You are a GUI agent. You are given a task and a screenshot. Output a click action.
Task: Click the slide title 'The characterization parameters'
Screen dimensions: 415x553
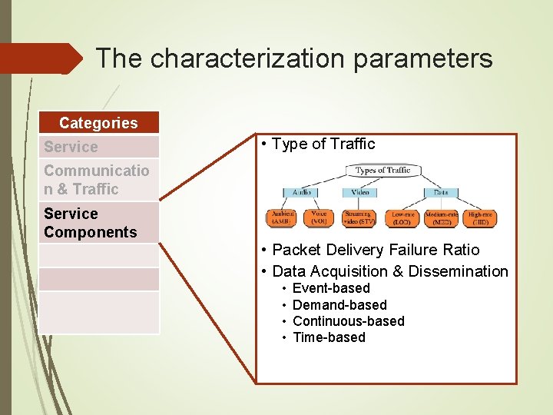(294, 58)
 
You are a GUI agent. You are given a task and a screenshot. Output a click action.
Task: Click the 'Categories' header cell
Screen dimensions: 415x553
(98, 123)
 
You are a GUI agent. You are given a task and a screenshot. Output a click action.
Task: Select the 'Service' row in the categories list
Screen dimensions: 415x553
(98, 147)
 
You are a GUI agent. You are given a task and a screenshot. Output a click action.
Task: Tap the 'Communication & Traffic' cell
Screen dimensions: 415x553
(98, 180)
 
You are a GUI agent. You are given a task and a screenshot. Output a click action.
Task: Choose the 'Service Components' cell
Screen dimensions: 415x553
(98, 223)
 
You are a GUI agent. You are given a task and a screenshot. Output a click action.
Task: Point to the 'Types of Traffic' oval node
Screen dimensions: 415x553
(382, 171)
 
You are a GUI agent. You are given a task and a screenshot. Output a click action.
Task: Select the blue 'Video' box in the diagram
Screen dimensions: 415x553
(360, 192)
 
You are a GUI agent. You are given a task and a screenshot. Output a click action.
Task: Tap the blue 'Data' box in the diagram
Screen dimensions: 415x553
(440, 192)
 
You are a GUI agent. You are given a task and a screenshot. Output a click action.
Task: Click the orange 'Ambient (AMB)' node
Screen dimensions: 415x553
(280, 217)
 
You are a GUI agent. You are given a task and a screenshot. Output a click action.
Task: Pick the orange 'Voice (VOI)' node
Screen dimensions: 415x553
(320, 217)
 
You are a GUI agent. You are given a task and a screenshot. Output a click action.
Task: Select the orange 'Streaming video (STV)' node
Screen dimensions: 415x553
(359, 217)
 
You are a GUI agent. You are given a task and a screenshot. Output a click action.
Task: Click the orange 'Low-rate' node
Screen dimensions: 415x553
(401, 217)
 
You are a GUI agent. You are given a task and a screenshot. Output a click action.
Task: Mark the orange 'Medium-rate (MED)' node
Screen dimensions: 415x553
(441, 217)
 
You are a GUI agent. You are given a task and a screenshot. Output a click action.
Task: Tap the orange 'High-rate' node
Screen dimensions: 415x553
(481, 217)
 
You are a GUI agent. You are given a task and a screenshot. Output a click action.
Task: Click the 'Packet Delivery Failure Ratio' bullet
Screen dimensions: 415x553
(376, 250)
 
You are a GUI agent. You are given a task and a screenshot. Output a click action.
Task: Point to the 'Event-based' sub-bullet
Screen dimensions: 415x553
(331, 288)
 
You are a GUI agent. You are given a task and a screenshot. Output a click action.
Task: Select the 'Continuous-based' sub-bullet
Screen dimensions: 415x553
(348, 321)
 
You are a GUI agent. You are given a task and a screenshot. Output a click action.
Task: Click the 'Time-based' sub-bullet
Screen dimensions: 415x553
(329, 337)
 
